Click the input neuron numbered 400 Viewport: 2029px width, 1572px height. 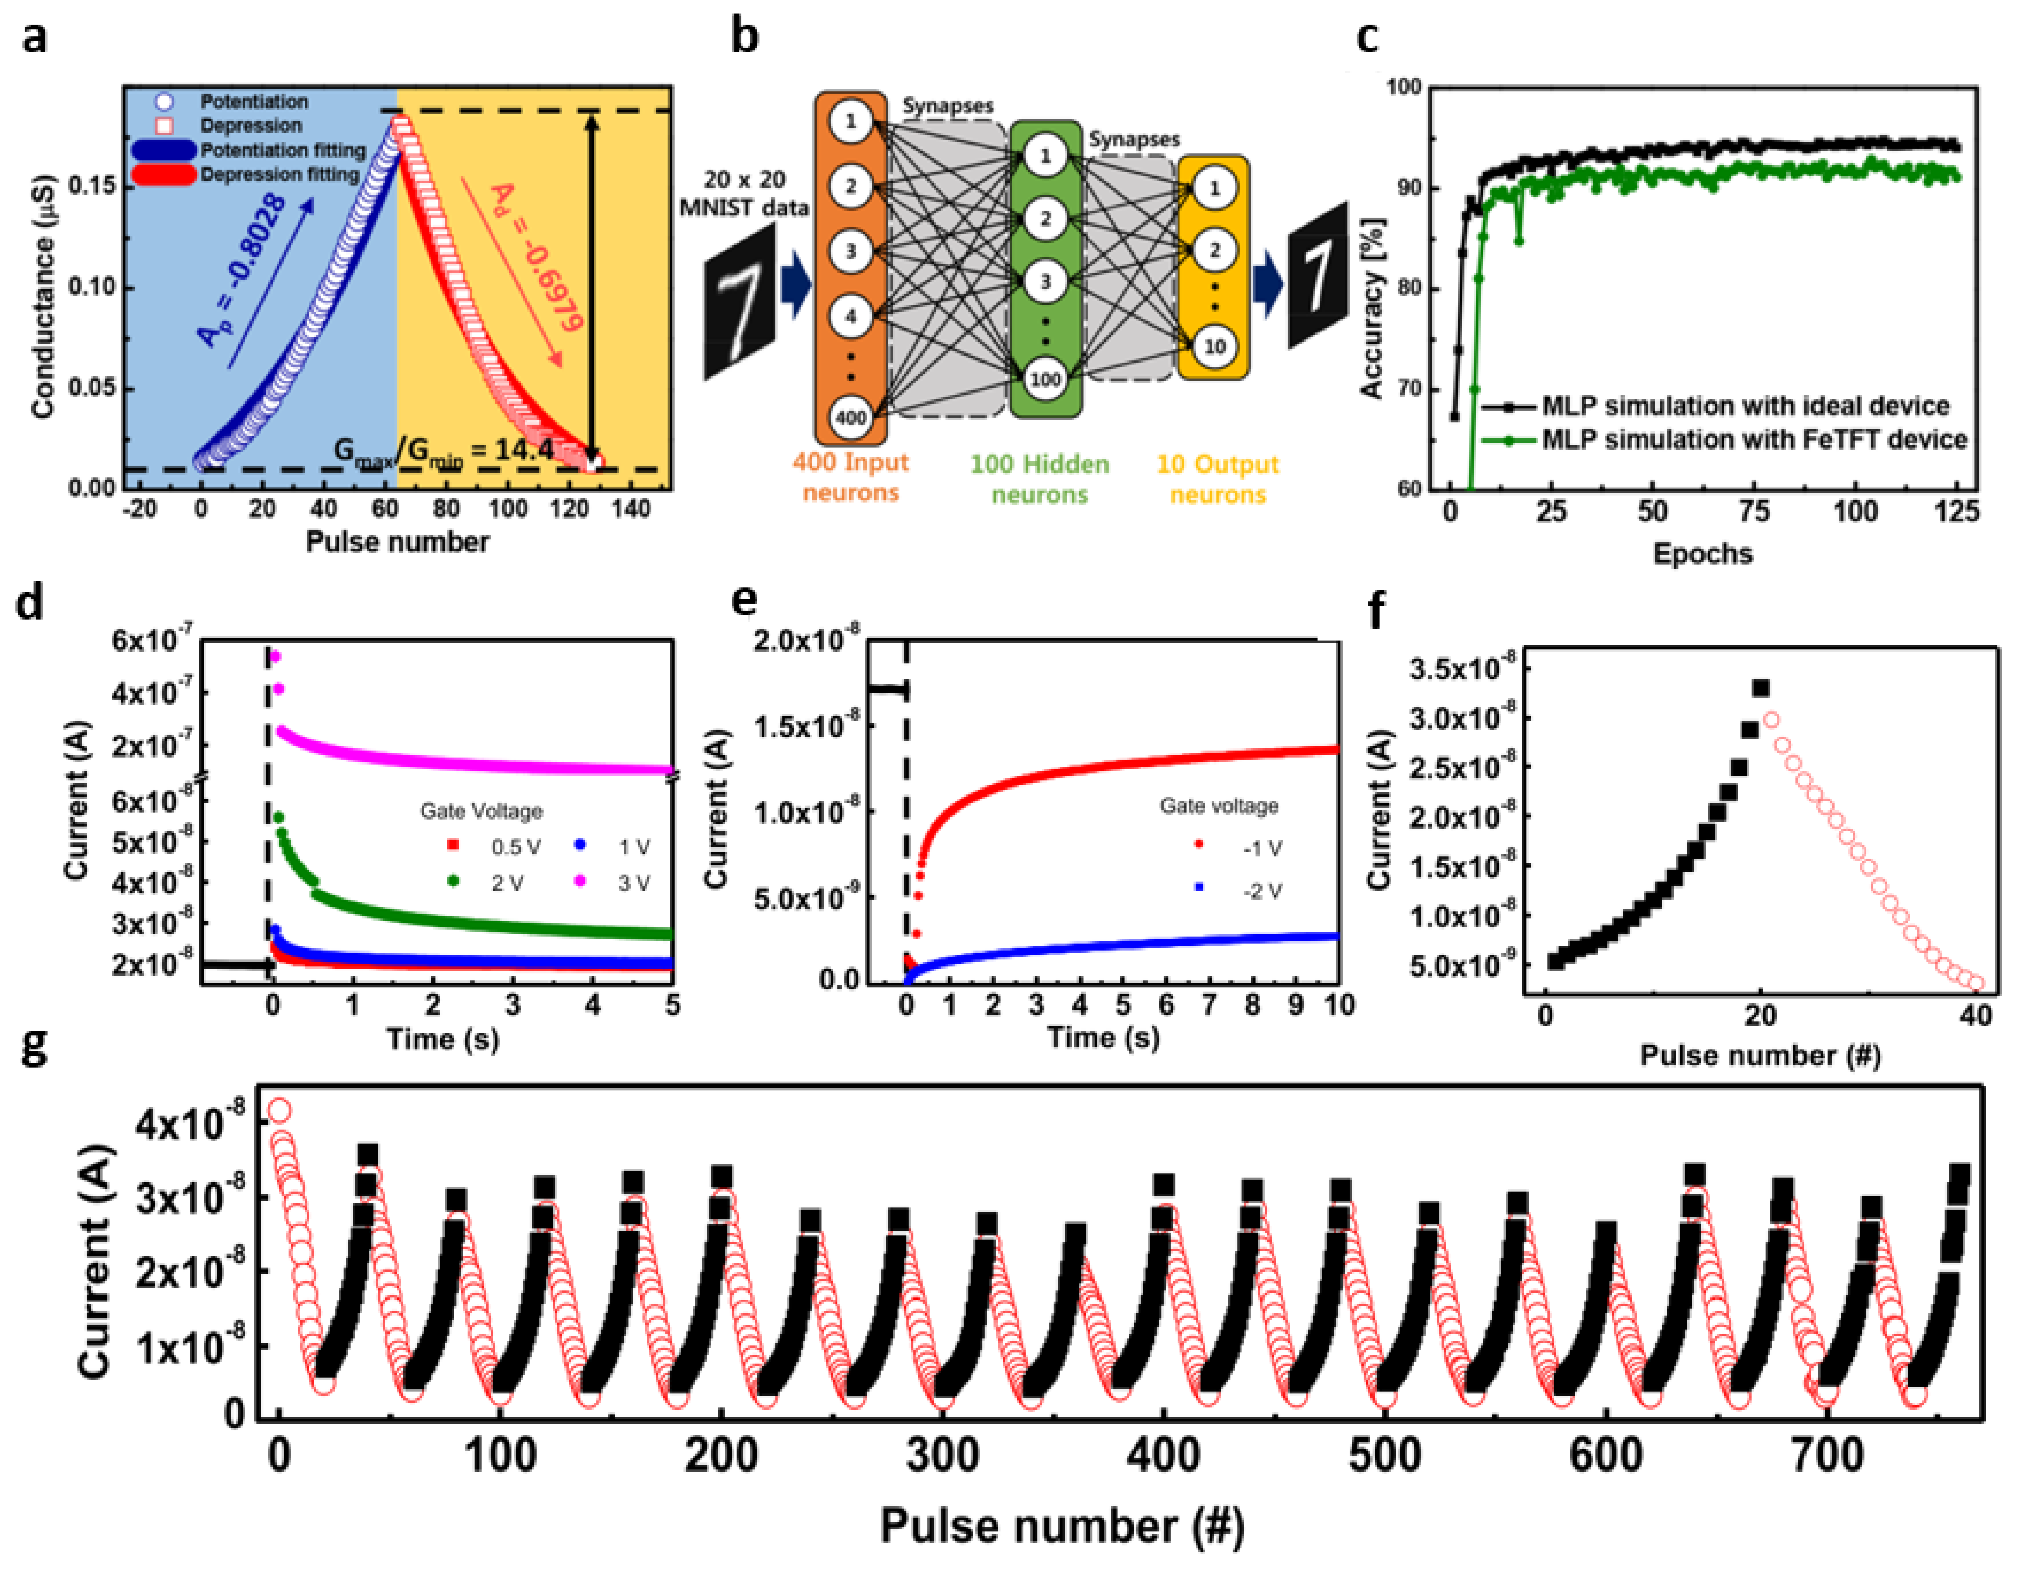[850, 417]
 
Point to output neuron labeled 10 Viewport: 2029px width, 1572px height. [1214, 346]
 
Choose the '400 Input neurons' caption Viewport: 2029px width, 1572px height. [850, 476]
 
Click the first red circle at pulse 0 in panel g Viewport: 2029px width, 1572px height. [279, 1111]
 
